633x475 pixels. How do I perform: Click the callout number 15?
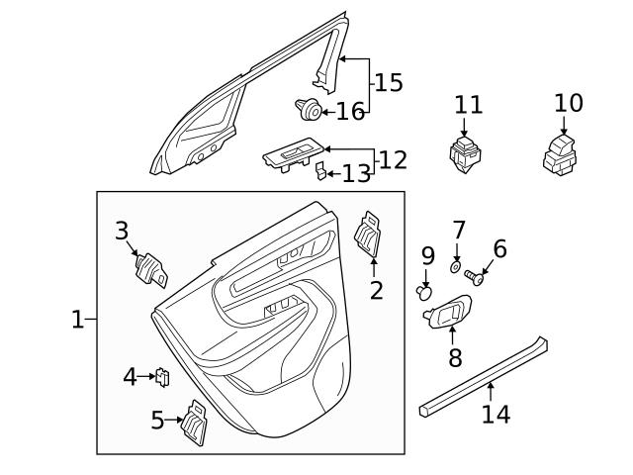[x=389, y=83]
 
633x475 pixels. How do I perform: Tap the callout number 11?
[x=469, y=105]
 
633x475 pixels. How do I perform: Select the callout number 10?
[x=569, y=103]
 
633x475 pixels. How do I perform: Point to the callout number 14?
[x=496, y=414]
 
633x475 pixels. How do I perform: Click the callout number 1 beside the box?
[x=77, y=320]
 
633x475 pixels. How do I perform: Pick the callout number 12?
[x=393, y=159]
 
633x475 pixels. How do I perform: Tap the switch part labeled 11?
[x=465, y=153]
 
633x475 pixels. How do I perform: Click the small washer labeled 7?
[x=454, y=265]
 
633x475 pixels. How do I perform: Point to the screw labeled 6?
[x=475, y=279]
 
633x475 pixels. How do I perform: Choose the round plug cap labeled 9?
[x=425, y=291]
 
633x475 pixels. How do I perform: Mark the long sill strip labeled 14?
[x=485, y=374]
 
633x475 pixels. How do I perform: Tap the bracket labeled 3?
[x=150, y=269]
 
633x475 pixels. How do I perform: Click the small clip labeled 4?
[x=163, y=376]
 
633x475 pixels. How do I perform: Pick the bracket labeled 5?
[x=195, y=423]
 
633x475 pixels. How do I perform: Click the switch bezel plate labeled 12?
[x=292, y=152]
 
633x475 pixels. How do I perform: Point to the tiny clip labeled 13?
[x=320, y=173]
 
